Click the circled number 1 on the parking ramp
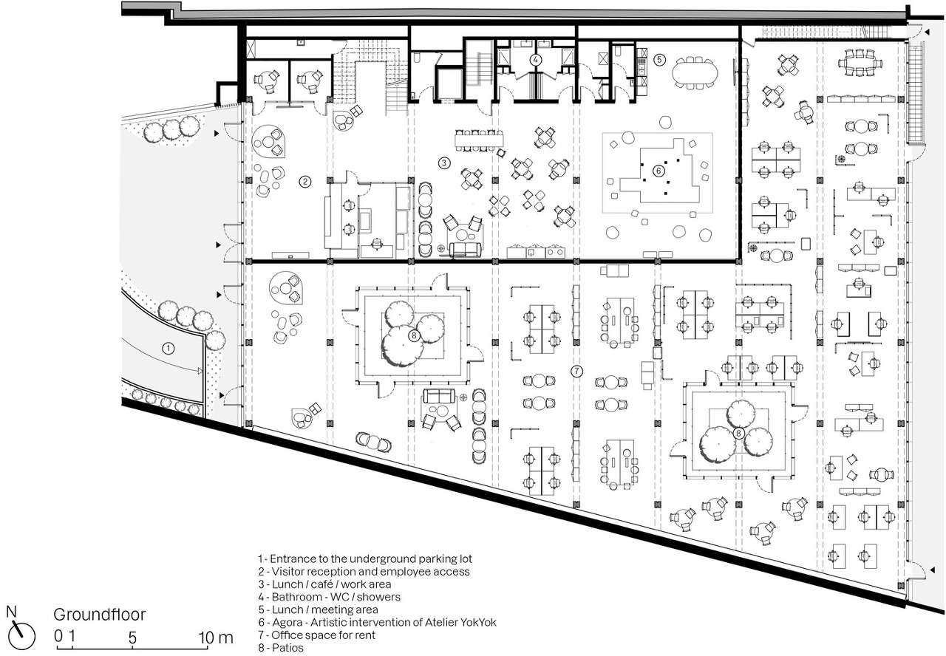pyautogui.click(x=169, y=348)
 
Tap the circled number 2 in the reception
pyautogui.click(x=305, y=182)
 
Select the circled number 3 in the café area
pyautogui.click(x=444, y=163)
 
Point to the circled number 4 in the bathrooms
pyautogui.click(x=536, y=60)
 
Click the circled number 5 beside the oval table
pyautogui.click(x=659, y=60)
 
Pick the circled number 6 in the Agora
pyautogui.click(x=659, y=171)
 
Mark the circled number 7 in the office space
pyautogui.click(x=576, y=371)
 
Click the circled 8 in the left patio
pyautogui.click(x=414, y=335)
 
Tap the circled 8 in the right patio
pyautogui.click(x=738, y=433)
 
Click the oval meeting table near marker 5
pyautogui.click(x=694, y=73)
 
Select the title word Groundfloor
pyautogui.click(x=100, y=615)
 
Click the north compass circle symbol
pyautogui.click(x=21, y=638)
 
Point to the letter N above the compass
pyautogui.click(x=11, y=612)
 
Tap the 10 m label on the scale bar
pyautogui.click(x=216, y=638)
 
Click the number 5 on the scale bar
pyautogui.click(x=132, y=638)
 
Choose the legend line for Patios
pyautogui.click(x=281, y=648)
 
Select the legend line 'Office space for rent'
pyautogui.click(x=317, y=635)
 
